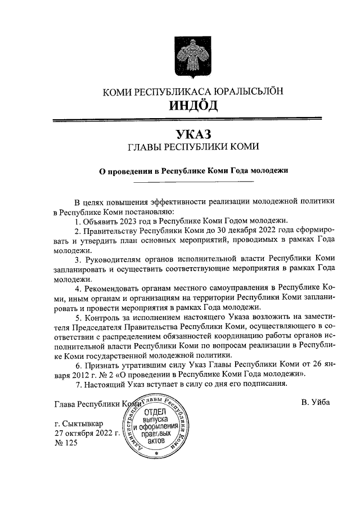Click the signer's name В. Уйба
(316, 403)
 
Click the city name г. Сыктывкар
(77, 423)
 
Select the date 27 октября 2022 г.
(87, 433)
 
